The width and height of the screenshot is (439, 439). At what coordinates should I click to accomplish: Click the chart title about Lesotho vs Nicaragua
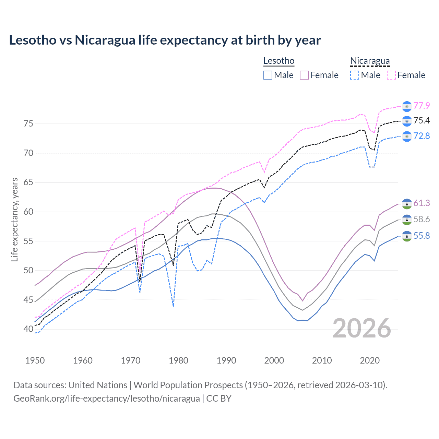click(165, 40)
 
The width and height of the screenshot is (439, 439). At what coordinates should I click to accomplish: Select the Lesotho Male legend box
click(268, 75)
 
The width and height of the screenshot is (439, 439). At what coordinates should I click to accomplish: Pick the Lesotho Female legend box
click(304, 75)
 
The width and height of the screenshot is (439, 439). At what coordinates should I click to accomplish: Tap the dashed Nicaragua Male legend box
click(355, 75)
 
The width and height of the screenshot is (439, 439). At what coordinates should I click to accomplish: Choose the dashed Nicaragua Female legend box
click(391, 75)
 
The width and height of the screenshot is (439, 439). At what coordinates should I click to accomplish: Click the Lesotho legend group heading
click(279, 61)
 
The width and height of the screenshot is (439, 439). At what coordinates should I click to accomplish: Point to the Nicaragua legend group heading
click(370, 61)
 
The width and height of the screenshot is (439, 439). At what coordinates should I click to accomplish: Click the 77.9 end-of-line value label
click(422, 106)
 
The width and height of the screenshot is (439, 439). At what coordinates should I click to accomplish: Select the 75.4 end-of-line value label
click(422, 120)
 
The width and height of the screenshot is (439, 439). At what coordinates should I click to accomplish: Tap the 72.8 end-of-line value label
click(422, 136)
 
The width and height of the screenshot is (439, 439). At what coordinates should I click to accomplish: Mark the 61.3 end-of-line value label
click(422, 203)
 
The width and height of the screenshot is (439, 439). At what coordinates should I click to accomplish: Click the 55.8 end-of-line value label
click(422, 236)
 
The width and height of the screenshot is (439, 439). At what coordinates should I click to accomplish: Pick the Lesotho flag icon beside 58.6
click(407, 219)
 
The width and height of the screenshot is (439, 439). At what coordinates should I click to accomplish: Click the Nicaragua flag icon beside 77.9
click(407, 106)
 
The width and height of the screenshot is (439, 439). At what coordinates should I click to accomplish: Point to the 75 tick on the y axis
click(28, 123)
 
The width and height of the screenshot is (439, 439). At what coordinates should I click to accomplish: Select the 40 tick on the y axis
click(28, 329)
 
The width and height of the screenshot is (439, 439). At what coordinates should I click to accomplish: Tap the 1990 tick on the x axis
click(226, 360)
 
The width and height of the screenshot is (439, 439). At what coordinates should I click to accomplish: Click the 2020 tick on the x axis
click(370, 360)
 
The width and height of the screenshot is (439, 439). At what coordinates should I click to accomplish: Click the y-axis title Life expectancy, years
click(15, 219)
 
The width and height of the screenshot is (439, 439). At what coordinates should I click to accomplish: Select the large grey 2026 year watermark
click(362, 329)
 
